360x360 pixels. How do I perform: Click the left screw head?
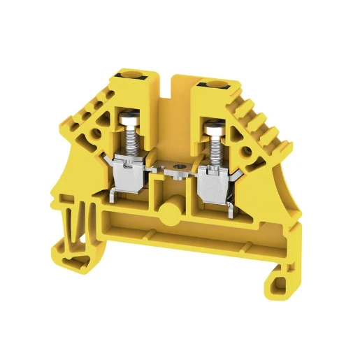(129, 119)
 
